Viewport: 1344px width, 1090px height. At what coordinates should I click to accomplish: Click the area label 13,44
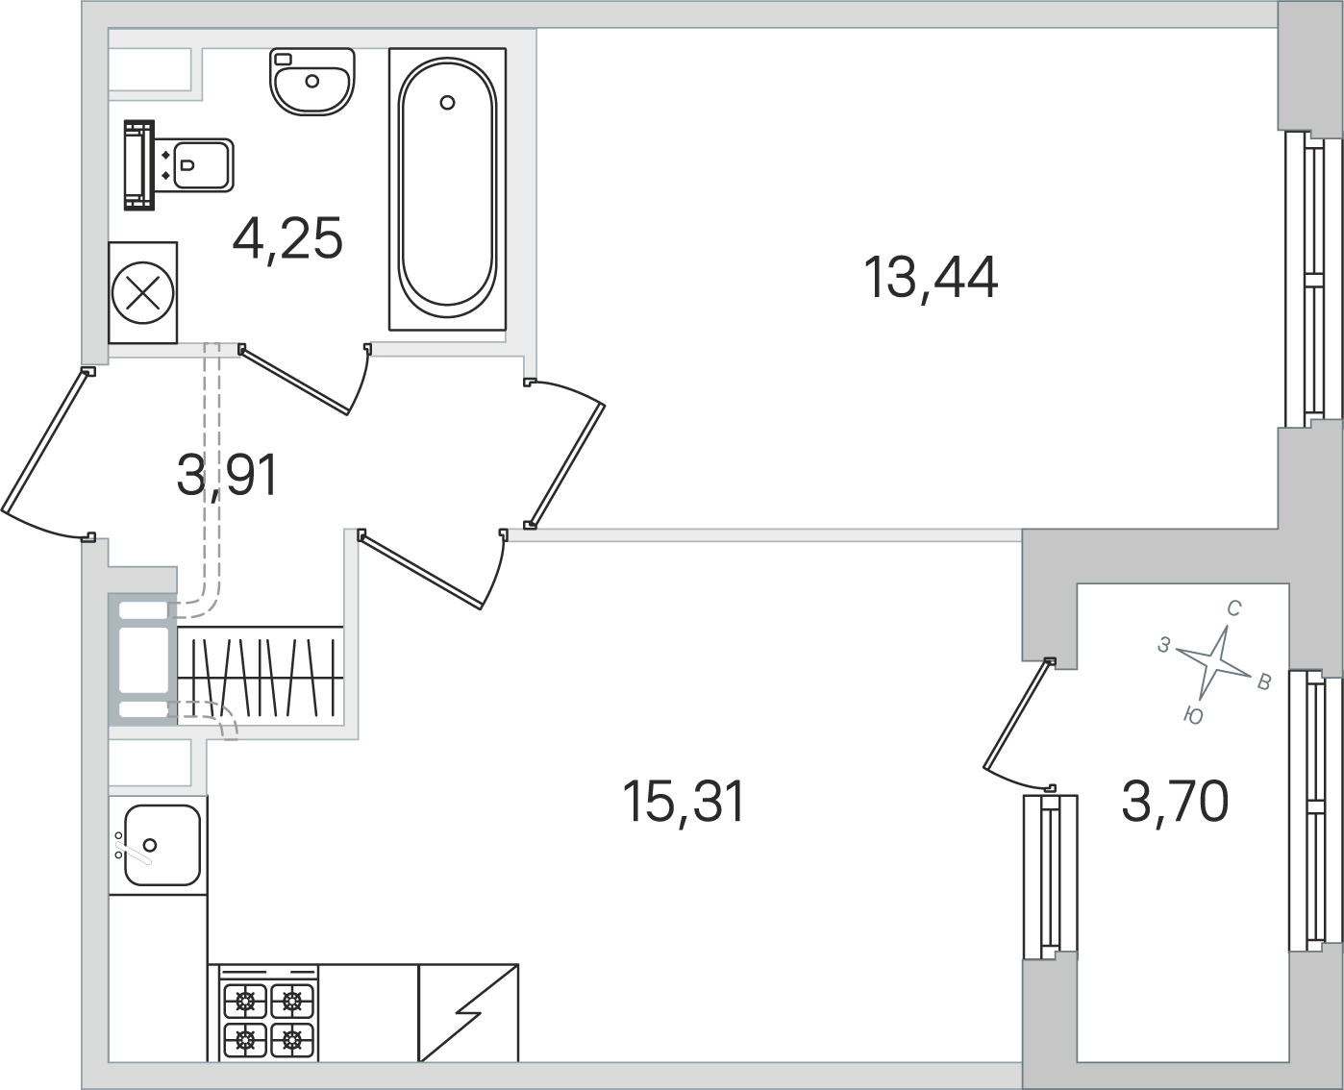pos(930,278)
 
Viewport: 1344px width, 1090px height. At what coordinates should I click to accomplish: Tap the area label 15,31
pos(684,803)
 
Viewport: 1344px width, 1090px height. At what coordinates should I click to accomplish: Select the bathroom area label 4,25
pos(287,237)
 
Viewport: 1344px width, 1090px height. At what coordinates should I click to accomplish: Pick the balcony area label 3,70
pos(1175,801)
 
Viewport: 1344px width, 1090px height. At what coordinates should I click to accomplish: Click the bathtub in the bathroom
pos(447,189)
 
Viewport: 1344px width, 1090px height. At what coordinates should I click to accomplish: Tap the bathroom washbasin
pos(312,82)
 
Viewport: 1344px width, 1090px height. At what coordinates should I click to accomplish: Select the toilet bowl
pos(179,165)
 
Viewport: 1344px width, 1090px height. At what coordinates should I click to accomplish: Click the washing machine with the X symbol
pos(142,292)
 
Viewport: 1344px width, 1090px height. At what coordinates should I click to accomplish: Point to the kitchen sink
pos(158,845)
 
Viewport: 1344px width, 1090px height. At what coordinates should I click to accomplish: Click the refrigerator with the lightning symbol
pos(468,1012)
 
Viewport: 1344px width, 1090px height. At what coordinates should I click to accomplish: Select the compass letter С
pos(1234,608)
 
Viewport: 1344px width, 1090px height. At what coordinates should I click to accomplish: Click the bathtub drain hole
pos(447,102)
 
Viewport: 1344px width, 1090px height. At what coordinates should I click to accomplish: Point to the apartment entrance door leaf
pos(43,441)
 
